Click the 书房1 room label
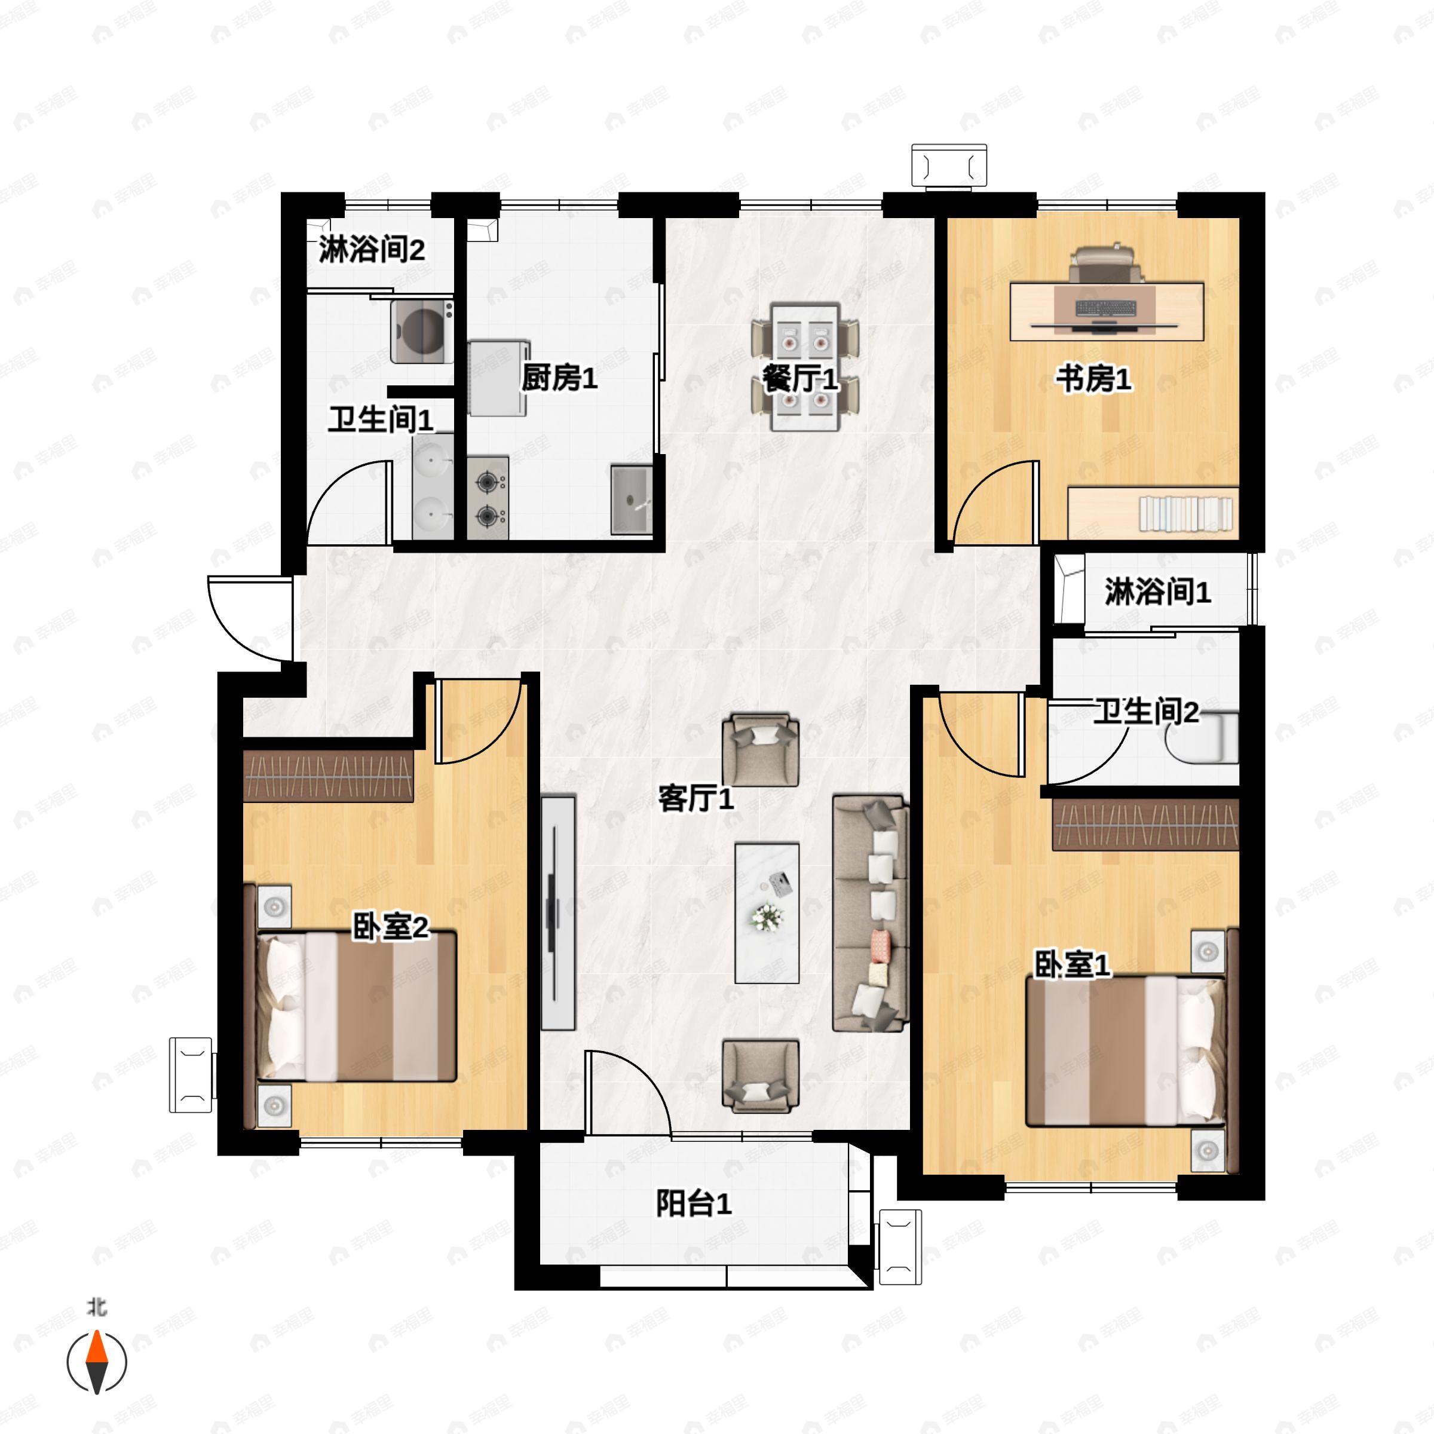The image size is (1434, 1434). pos(1094,379)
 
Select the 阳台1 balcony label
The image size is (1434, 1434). pos(694,1203)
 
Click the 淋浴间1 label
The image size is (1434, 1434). pos(1158,592)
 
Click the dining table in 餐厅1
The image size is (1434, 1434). pos(805,367)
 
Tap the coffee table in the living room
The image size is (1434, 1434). pos(767,914)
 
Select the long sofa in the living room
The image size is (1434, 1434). pos(871,914)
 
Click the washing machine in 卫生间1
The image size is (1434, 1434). pos(422,330)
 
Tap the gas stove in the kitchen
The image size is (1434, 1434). pos(488,497)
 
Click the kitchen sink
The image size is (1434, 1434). pos(631,500)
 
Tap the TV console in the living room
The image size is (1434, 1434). pos(558,913)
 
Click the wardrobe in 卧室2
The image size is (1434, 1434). pos(328,776)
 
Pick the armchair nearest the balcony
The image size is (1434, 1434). pos(761,1076)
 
